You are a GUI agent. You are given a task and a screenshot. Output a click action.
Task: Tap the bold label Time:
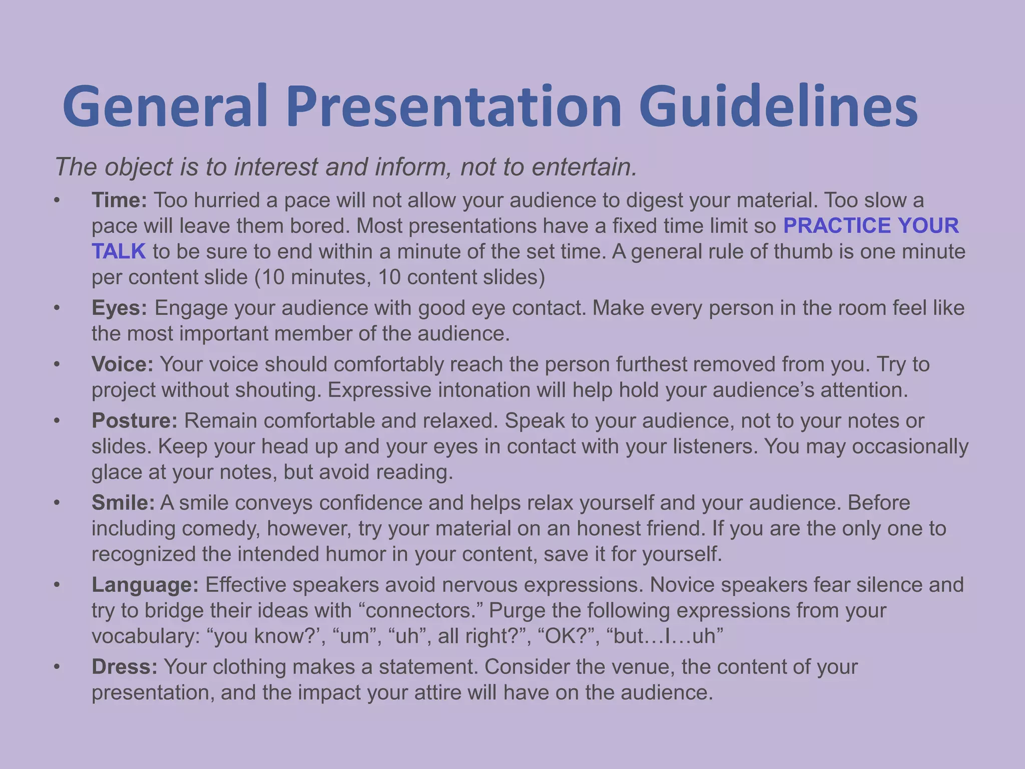[119, 200]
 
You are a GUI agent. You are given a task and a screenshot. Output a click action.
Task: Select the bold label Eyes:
[119, 308]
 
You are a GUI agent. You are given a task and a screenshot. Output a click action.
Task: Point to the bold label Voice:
[122, 364]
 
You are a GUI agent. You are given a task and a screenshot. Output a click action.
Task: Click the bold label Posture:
[134, 421]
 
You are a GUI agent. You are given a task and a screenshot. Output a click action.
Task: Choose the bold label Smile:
[123, 503]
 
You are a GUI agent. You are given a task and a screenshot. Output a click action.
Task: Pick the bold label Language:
[145, 585]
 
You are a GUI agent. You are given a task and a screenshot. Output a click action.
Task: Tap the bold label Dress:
[124, 667]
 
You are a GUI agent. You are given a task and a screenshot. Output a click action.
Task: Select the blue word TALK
[119, 251]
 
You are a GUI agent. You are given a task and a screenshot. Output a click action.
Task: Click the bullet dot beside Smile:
[57, 503]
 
